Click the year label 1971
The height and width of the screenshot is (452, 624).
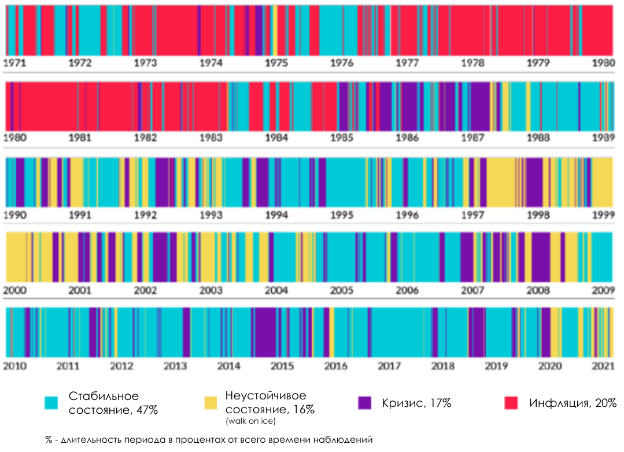point(15,63)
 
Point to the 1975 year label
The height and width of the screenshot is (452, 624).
point(276,63)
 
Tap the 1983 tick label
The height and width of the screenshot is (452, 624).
point(211,138)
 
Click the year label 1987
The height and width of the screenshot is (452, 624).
point(473,138)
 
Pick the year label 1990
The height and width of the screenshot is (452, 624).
point(15,215)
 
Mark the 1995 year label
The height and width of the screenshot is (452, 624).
point(342,215)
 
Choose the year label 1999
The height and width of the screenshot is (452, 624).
point(603,215)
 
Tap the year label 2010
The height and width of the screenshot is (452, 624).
point(15,366)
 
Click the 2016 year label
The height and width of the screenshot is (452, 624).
point(335,366)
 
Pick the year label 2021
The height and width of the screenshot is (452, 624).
point(603,366)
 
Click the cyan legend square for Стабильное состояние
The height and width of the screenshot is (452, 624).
point(52,403)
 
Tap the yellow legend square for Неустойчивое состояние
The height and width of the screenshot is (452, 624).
point(211,403)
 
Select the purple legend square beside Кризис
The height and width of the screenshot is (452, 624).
point(364,403)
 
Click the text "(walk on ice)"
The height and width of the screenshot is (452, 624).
point(250,421)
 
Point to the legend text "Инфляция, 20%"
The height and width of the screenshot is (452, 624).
point(573,403)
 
